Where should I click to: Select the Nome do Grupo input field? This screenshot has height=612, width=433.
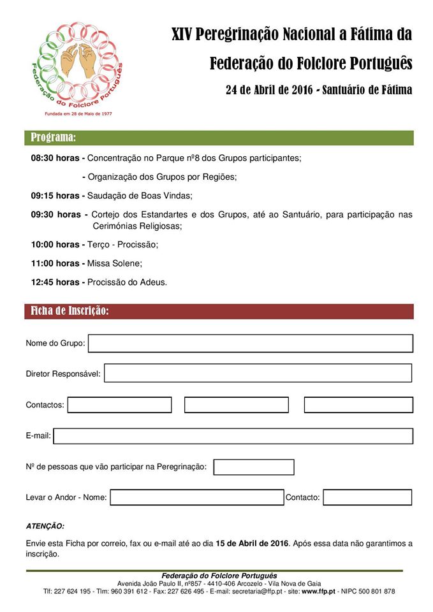click(250, 344)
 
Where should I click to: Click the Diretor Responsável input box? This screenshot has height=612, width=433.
click(258, 373)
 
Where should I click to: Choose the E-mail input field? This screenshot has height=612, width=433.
click(233, 436)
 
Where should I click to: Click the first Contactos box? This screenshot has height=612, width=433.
click(119, 405)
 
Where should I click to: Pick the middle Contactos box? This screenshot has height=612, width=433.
click(237, 405)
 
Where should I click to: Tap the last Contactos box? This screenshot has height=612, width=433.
click(358, 405)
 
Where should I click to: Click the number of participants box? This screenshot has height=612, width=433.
click(254, 467)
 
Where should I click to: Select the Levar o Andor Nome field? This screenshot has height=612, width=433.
click(196, 497)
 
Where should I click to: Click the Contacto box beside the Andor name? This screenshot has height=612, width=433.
click(367, 497)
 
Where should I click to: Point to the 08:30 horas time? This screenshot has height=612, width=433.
click(55, 157)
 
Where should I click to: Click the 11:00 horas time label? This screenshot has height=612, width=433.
click(55, 263)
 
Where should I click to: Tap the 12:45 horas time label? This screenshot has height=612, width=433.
click(55, 282)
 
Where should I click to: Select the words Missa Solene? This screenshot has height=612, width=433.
click(114, 263)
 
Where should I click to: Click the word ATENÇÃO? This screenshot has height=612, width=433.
click(45, 527)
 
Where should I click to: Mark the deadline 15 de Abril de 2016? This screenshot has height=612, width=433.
click(253, 543)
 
